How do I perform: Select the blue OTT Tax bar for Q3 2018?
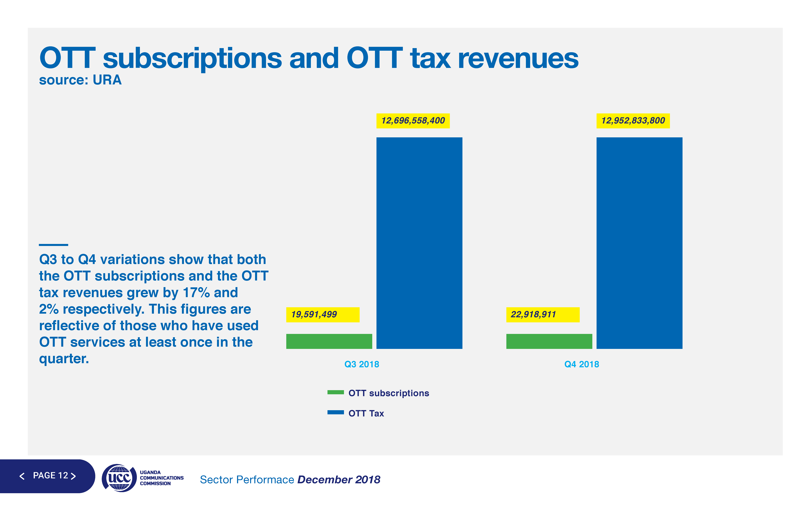[x=419, y=243]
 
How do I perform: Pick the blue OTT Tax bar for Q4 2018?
[x=639, y=243]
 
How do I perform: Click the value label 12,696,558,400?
[x=413, y=121]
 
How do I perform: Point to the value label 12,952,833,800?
[x=633, y=121]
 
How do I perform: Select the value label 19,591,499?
[x=314, y=314]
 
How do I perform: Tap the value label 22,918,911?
[x=534, y=314]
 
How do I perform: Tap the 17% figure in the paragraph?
[x=196, y=293]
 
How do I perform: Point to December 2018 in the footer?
[x=339, y=480]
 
